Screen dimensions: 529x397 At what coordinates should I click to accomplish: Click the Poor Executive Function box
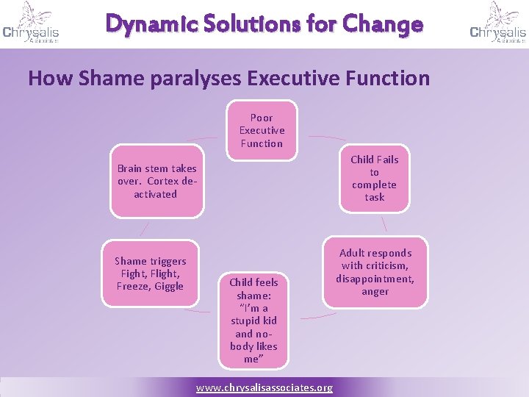(x=262, y=130)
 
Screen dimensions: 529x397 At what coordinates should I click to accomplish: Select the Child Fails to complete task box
(x=375, y=178)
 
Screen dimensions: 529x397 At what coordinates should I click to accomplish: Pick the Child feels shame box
(x=253, y=320)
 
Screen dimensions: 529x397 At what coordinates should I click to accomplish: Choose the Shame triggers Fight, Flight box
(x=151, y=273)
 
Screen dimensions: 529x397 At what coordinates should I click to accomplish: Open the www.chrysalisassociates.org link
(x=264, y=387)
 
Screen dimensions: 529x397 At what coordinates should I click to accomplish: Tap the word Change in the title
(x=386, y=24)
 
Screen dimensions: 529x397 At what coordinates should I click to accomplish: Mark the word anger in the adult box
(x=375, y=291)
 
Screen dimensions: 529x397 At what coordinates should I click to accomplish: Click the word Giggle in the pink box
(x=169, y=286)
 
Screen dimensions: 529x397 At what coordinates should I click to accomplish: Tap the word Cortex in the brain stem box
(x=164, y=181)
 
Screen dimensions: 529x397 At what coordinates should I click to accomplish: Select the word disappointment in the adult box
(x=375, y=279)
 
